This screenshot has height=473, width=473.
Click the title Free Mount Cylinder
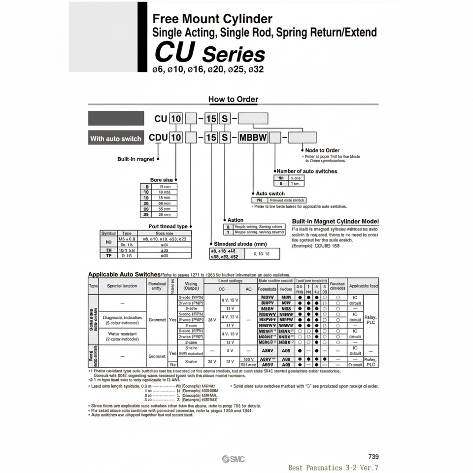pos(212,19)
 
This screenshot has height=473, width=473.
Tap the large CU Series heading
pos(209,52)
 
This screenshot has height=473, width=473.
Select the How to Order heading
pos(233,99)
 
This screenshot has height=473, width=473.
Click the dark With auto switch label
pos(116,138)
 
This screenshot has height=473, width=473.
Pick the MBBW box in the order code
pos(253,138)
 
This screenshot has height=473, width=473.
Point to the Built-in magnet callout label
pos(135,159)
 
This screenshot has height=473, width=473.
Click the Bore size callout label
pos(161,180)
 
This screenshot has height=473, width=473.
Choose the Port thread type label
pos(168,226)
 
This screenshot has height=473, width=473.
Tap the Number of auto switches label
pos(306,171)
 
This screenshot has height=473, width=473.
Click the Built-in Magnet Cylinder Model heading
pos(335,222)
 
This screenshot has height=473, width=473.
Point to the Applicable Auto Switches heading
pos(124,274)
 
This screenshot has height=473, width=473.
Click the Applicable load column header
pos(363,286)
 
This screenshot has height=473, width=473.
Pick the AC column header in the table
pos(248,289)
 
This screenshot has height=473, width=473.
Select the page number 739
pos(373,457)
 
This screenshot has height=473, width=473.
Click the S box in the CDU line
pos(225,138)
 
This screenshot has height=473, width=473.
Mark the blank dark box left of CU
pos(116,118)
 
